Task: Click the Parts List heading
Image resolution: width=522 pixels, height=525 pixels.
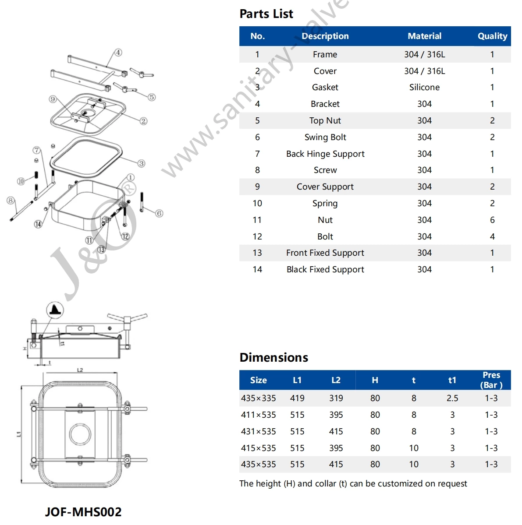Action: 266,14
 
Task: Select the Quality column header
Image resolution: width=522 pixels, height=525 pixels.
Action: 492,36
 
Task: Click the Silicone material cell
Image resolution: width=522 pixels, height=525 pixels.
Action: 424,87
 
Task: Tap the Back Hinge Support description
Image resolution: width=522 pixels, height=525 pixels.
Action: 325,154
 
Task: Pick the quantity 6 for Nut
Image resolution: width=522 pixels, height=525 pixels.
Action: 492,220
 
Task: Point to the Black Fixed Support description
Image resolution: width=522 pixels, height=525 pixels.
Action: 325,269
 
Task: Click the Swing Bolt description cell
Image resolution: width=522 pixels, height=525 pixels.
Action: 325,137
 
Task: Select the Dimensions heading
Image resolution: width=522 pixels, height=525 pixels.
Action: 274,357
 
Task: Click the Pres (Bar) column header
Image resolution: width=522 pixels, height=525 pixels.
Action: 491,380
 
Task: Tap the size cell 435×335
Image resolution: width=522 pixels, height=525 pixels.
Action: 259,398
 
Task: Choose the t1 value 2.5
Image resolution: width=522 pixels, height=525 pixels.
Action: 452,398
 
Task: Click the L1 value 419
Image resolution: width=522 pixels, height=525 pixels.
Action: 297,398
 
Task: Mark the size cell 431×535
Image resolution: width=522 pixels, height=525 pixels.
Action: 259,431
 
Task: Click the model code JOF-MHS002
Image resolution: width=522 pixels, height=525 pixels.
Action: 83,511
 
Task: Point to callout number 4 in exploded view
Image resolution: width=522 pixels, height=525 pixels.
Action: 118,53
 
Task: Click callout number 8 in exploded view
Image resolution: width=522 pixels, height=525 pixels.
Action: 11,201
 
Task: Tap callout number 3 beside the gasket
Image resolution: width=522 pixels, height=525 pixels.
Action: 141,163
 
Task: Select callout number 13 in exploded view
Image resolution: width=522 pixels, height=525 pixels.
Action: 101,249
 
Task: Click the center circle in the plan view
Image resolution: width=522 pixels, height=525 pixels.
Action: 80,434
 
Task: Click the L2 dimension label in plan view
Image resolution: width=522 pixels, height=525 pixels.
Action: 80,370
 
